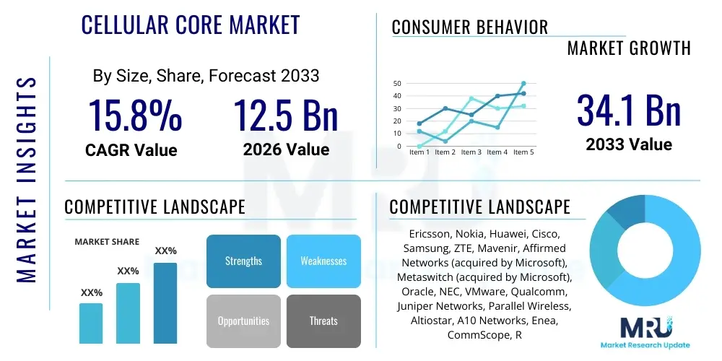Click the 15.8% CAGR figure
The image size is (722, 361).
point(135,116)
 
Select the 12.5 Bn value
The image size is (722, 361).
point(286,116)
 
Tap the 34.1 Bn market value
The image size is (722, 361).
point(629,110)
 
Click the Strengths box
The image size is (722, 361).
point(243,261)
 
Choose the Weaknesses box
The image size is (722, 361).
point(323,261)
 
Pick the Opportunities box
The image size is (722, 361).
point(243,321)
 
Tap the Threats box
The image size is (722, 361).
point(323,321)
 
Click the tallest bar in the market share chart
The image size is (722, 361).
point(165,303)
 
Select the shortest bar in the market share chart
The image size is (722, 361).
point(91,323)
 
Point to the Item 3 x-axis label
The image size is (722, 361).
point(471,152)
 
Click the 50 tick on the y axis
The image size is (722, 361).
point(397,84)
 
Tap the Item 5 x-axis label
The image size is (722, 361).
point(522,152)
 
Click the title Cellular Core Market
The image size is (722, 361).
point(191,25)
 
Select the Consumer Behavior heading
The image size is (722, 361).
point(470,27)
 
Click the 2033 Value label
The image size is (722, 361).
point(629,144)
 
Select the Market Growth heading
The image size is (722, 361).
point(629,48)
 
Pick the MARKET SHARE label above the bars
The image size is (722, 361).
point(107,242)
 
